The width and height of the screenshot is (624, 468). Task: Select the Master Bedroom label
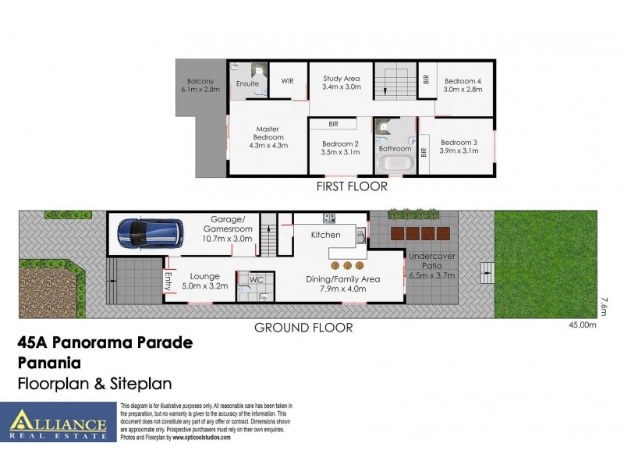268,137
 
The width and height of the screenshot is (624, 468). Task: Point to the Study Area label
341,83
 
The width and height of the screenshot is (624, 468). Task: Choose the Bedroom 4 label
463,85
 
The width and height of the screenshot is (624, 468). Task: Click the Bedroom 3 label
459,146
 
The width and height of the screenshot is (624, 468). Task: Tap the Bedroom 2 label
340,148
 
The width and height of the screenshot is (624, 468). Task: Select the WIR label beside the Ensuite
287,80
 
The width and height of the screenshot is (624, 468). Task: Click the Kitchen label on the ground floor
326,235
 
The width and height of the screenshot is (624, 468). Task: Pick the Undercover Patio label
431,265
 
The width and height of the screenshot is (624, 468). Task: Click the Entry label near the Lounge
168,279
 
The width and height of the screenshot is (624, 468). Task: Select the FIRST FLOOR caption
351,186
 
